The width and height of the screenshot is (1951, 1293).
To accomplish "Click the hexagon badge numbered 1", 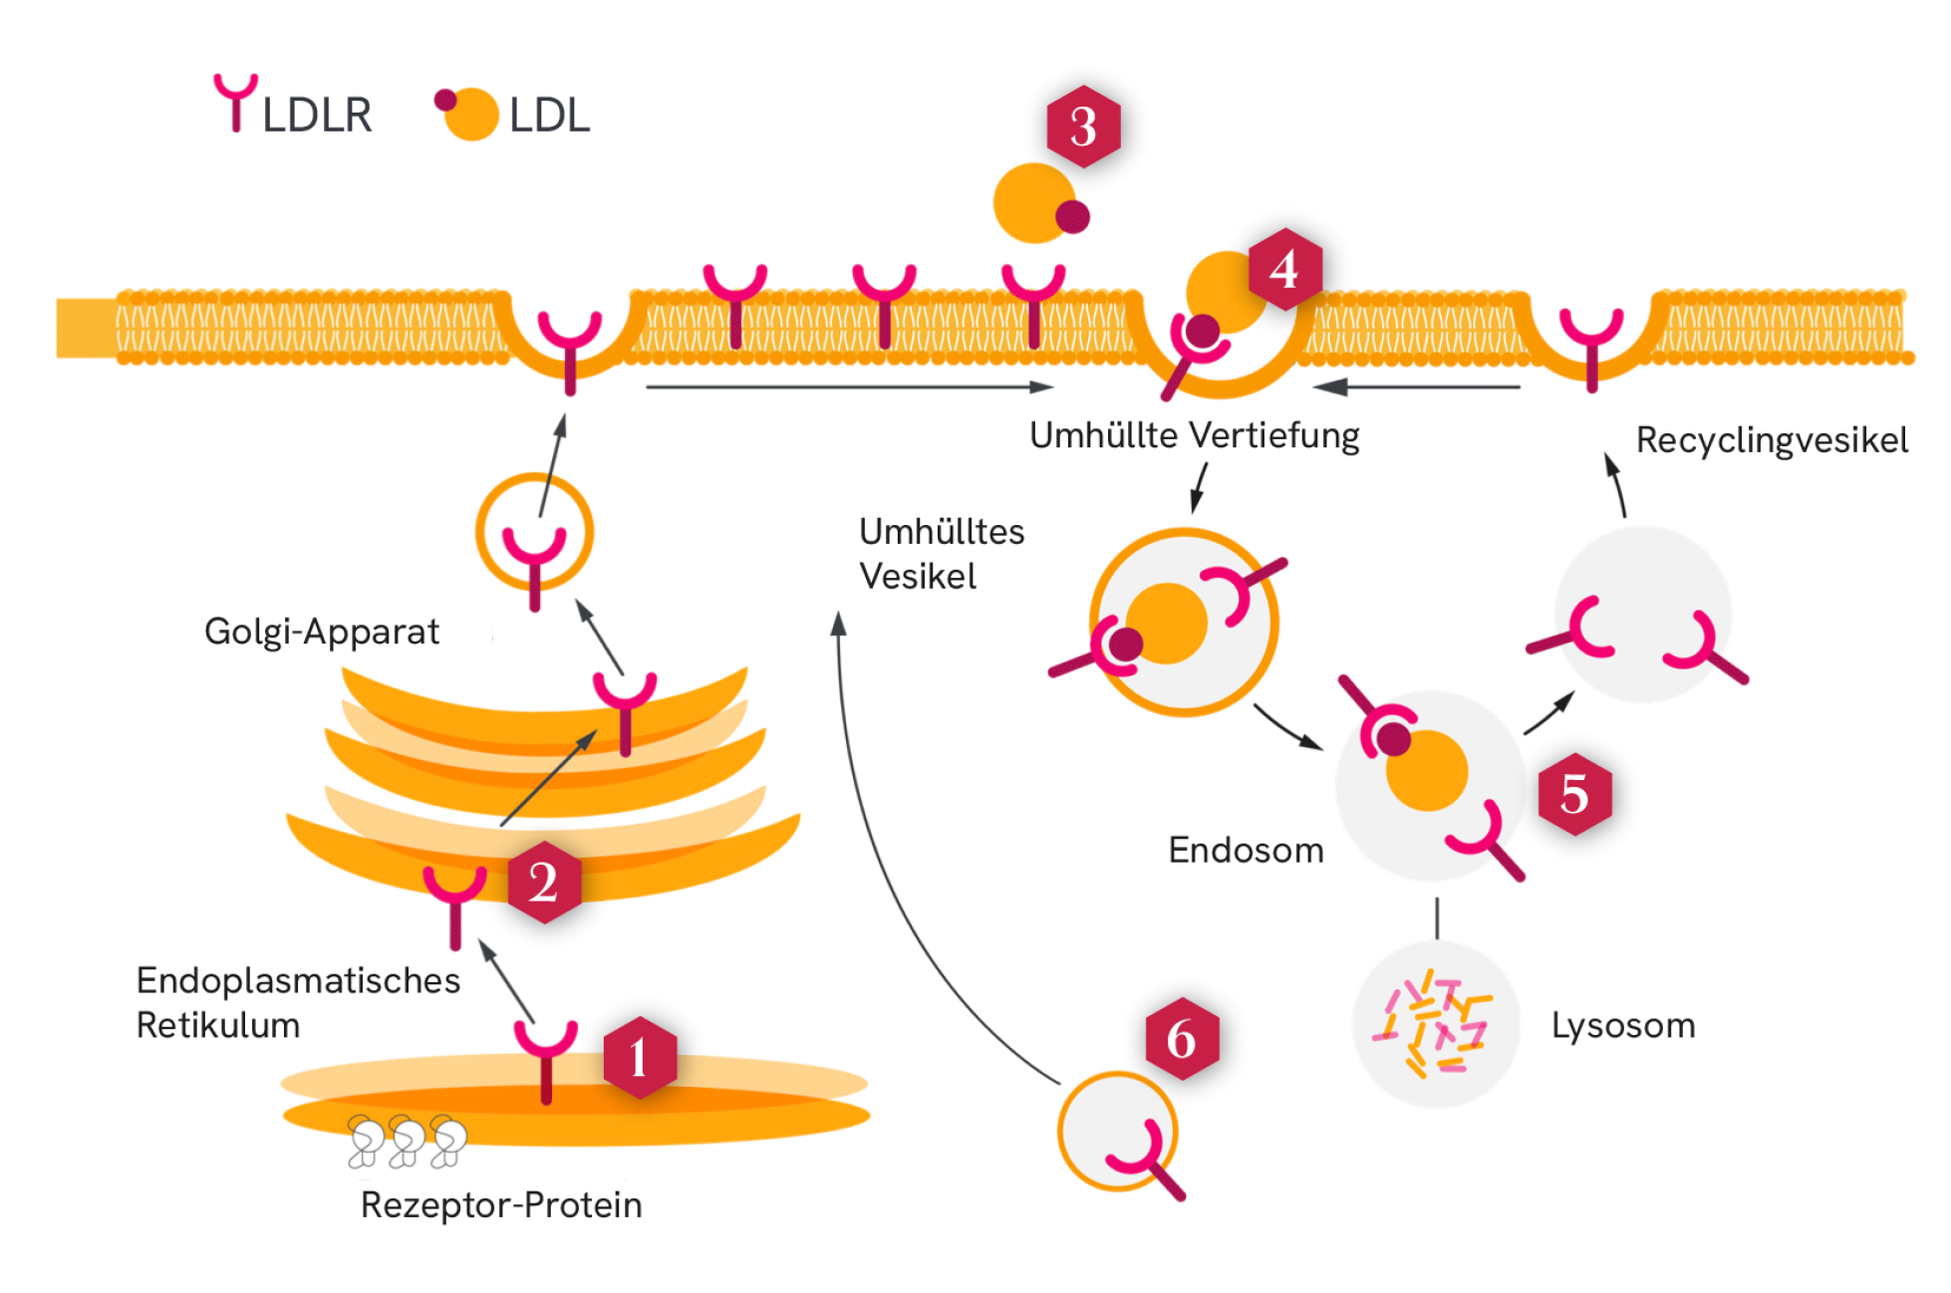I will tap(640, 1058).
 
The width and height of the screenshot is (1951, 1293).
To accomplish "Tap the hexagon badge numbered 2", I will tap(544, 882).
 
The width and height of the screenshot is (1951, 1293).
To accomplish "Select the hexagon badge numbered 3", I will tap(1083, 127).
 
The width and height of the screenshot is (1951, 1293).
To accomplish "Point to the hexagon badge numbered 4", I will tap(1283, 269).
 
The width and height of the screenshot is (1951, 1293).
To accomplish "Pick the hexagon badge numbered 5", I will tap(1574, 794).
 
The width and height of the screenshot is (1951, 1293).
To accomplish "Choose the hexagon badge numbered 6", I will tap(1182, 1039).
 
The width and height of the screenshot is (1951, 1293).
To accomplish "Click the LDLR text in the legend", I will tap(317, 115).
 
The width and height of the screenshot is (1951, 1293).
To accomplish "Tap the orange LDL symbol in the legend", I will tap(470, 115).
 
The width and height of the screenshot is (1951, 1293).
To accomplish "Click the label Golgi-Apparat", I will tap(321, 632).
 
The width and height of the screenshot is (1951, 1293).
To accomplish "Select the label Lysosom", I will tap(1622, 1025).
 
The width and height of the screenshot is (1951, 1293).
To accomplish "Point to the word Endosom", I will tap(1246, 850).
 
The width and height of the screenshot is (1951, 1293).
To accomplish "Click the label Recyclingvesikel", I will tap(1772, 439).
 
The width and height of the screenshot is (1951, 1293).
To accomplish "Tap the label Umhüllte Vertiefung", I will tap(1194, 435).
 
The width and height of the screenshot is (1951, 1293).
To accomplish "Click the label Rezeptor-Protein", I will tap(501, 1204).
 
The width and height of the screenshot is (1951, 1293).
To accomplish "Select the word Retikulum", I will tap(217, 1025).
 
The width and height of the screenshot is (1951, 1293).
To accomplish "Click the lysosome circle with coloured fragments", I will tap(1435, 1024).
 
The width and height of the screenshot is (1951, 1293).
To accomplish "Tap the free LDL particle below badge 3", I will tap(1036, 203).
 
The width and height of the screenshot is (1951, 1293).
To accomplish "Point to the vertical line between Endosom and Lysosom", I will tap(1436, 917).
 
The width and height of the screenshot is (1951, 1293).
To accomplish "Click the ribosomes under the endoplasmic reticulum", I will tap(407, 1142).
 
